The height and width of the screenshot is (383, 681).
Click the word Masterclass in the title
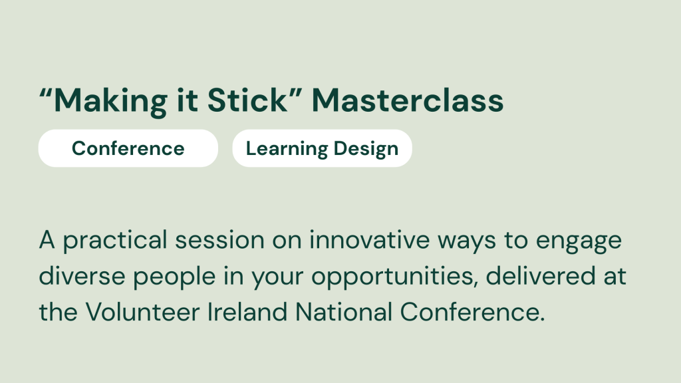coord(408,100)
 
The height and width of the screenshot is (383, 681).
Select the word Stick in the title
coord(247,100)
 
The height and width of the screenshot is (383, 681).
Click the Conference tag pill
coord(128,148)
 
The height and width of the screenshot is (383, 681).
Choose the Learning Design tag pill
coord(323,148)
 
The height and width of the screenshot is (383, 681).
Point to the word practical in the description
coord(115,241)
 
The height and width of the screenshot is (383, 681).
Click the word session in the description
coord(219,240)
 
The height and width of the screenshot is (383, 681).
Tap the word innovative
coord(370,239)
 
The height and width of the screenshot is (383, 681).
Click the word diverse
coord(82,276)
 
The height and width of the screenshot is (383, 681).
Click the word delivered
coord(540,276)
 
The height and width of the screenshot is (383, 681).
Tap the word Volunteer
coord(142,313)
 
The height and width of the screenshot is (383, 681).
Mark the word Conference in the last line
coord(472,313)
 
